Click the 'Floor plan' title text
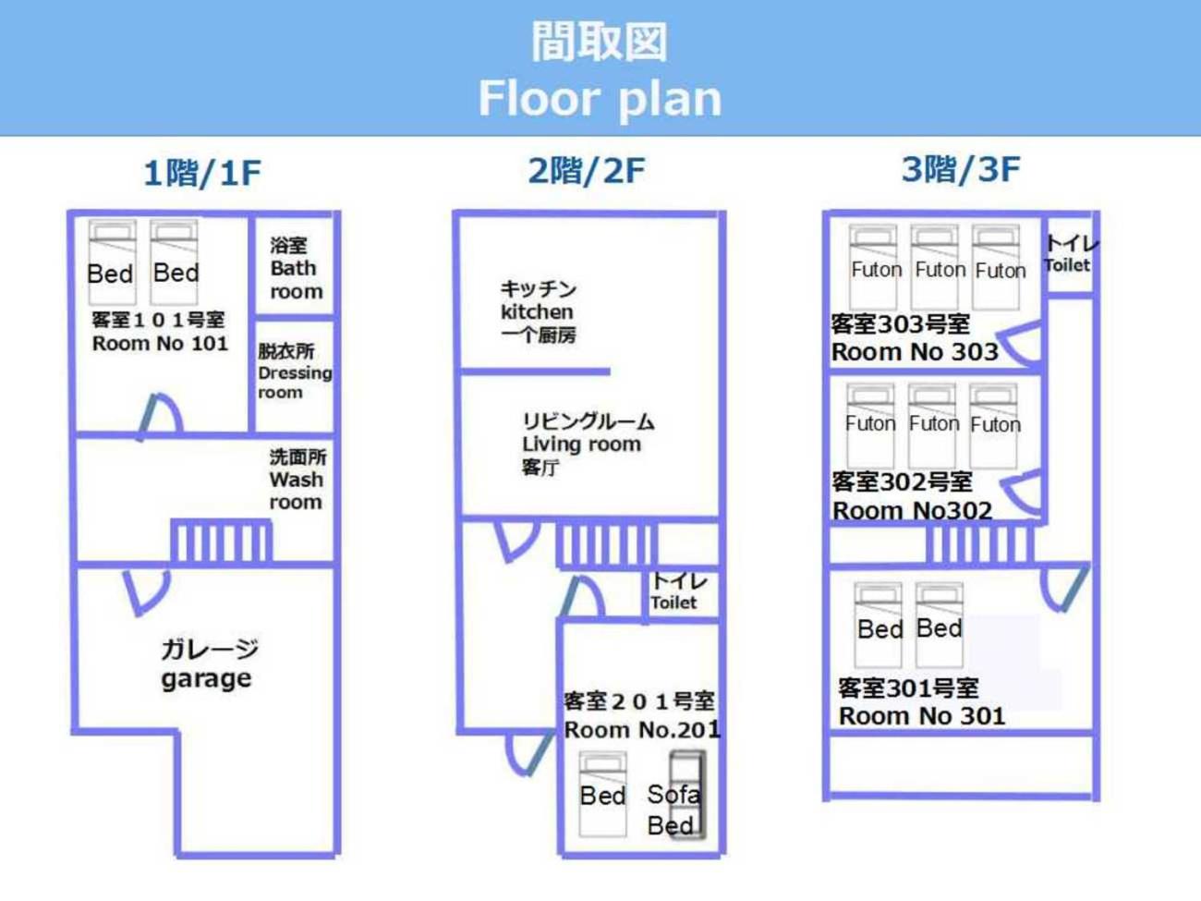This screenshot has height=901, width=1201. click(x=599, y=98)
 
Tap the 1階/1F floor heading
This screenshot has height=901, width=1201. click(x=202, y=173)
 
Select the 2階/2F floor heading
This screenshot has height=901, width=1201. click(x=586, y=170)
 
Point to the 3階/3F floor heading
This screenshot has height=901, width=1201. click(x=961, y=169)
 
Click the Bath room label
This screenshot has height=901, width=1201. click(x=296, y=269)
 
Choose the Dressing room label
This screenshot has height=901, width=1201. click(x=294, y=371)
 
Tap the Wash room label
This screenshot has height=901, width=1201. click(x=297, y=480)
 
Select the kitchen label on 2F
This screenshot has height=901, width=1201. click(x=538, y=311)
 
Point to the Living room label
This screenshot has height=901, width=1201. click(x=582, y=444)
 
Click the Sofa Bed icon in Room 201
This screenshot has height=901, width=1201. click(x=685, y=796)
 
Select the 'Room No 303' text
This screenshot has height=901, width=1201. click(x=915, y=352)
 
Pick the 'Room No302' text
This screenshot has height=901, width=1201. click(x=912, y=510)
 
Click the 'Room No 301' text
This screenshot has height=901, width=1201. click(x=921, y=716)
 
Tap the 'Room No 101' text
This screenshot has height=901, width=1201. click(x=160, y=344)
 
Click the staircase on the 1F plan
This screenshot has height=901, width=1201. click(x=221, y=541)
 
